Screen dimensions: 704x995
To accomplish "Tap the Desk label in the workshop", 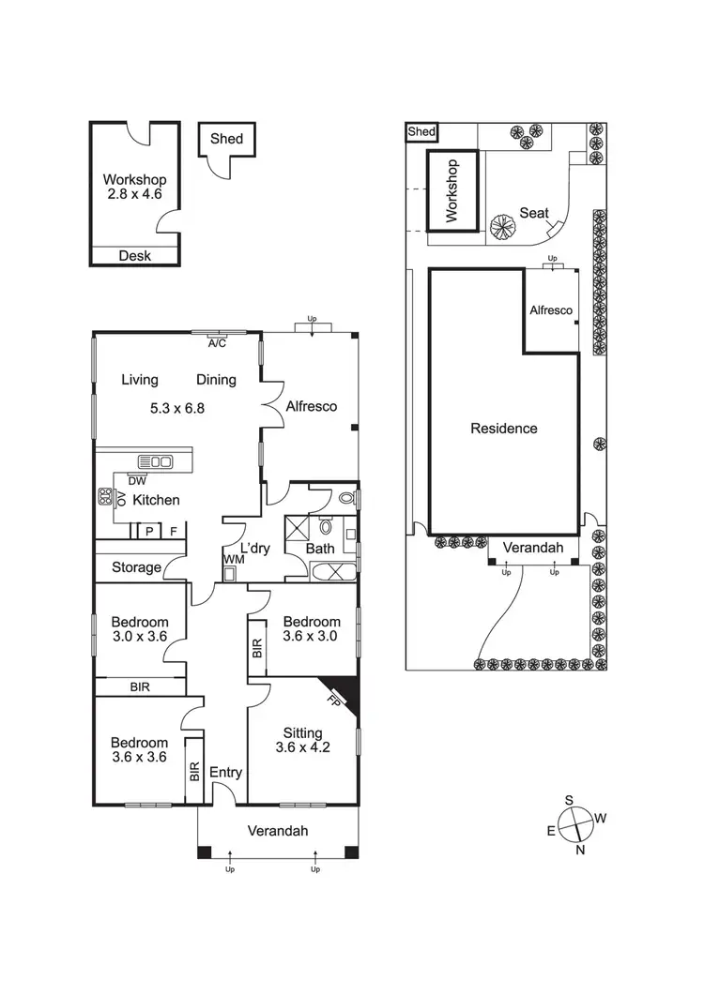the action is click(134, 256).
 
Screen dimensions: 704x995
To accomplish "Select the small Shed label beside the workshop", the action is click(226, 139).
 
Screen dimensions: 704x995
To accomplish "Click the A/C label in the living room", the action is click(218, 343).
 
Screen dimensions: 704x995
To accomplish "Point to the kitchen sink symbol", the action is click(156, 460).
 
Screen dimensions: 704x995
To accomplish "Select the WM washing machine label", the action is click(231, 560).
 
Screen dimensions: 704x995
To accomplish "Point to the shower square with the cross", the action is click(298, 524).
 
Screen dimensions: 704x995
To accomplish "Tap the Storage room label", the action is click(136, 567).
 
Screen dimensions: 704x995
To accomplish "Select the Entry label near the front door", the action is click(226, 773).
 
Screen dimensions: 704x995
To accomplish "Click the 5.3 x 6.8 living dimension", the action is click(178, 409).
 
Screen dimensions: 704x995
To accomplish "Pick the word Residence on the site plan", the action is click(504, 429).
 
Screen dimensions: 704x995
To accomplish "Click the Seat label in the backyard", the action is click(534, 214).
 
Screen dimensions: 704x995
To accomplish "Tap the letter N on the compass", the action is click(580, 850).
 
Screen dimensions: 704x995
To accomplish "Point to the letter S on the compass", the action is click(569, 800).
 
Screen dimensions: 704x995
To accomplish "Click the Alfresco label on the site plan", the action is click(551, 310).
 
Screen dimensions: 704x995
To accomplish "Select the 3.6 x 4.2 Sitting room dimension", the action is click(303, 747).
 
